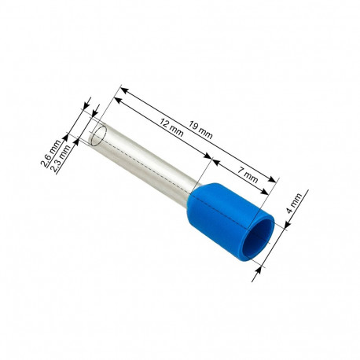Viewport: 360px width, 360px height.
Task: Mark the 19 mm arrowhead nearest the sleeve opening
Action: [276, 182]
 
